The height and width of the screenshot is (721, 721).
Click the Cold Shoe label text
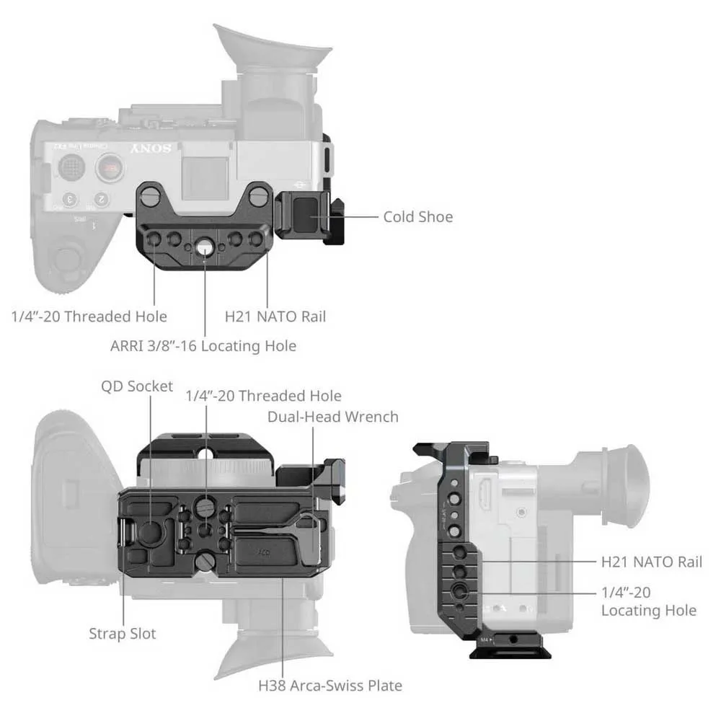418,216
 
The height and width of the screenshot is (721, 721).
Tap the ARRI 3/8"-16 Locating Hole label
203,346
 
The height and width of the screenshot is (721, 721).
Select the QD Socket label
137,386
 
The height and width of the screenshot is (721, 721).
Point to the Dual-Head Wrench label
333,417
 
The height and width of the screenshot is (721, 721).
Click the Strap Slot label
123,634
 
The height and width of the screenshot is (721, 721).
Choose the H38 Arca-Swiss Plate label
330,686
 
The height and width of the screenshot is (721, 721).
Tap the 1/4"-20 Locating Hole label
649,601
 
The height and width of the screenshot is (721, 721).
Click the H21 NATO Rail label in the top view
275,317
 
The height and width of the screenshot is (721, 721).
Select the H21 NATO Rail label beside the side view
652,562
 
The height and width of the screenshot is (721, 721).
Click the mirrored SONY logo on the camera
151,149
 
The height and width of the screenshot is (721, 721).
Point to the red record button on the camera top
110,167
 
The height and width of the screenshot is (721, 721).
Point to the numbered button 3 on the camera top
70,200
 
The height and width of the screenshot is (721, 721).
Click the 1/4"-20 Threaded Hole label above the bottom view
263,396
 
